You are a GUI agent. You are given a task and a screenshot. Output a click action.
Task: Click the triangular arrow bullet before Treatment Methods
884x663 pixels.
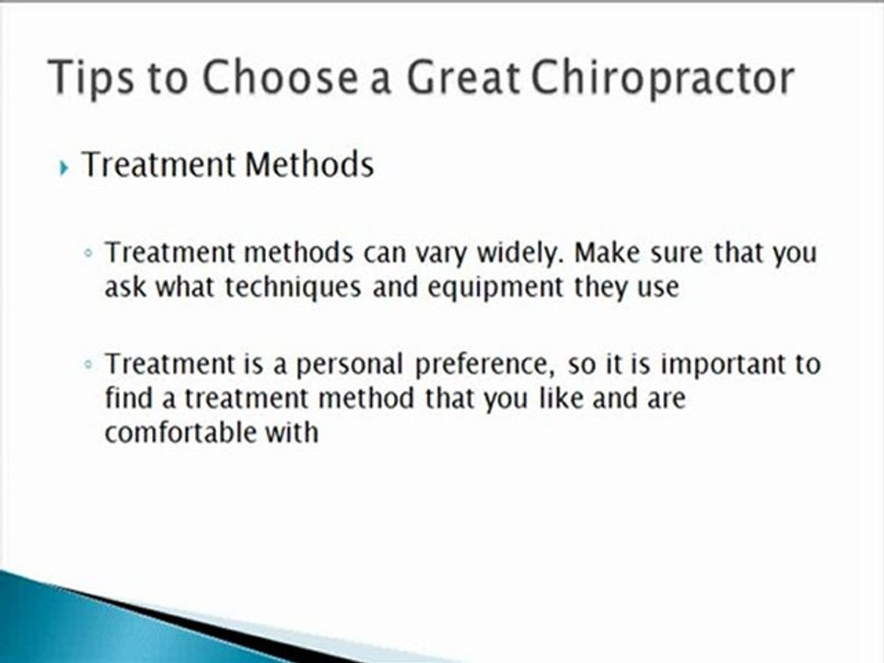coord(64,168)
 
